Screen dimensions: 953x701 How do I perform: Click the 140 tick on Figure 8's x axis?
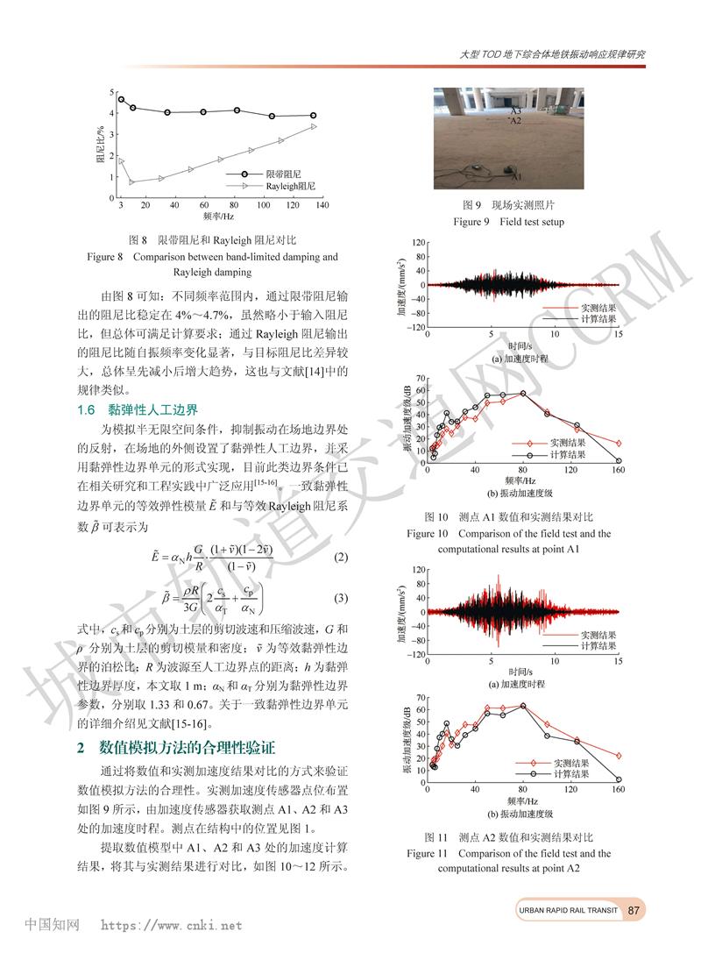pos(322,204)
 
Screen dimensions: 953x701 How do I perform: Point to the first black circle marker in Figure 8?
pos(121,100)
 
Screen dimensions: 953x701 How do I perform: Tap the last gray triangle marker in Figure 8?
pos(314,126)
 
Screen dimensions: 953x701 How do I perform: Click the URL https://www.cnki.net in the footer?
pos(172,925)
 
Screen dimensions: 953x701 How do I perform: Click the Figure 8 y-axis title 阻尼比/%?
pos(99,145)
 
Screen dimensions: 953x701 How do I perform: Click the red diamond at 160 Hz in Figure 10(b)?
pos(619,444)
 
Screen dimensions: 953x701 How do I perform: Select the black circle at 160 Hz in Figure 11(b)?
pos(619,779)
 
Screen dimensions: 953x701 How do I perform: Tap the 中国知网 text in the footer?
pos(52,924)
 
